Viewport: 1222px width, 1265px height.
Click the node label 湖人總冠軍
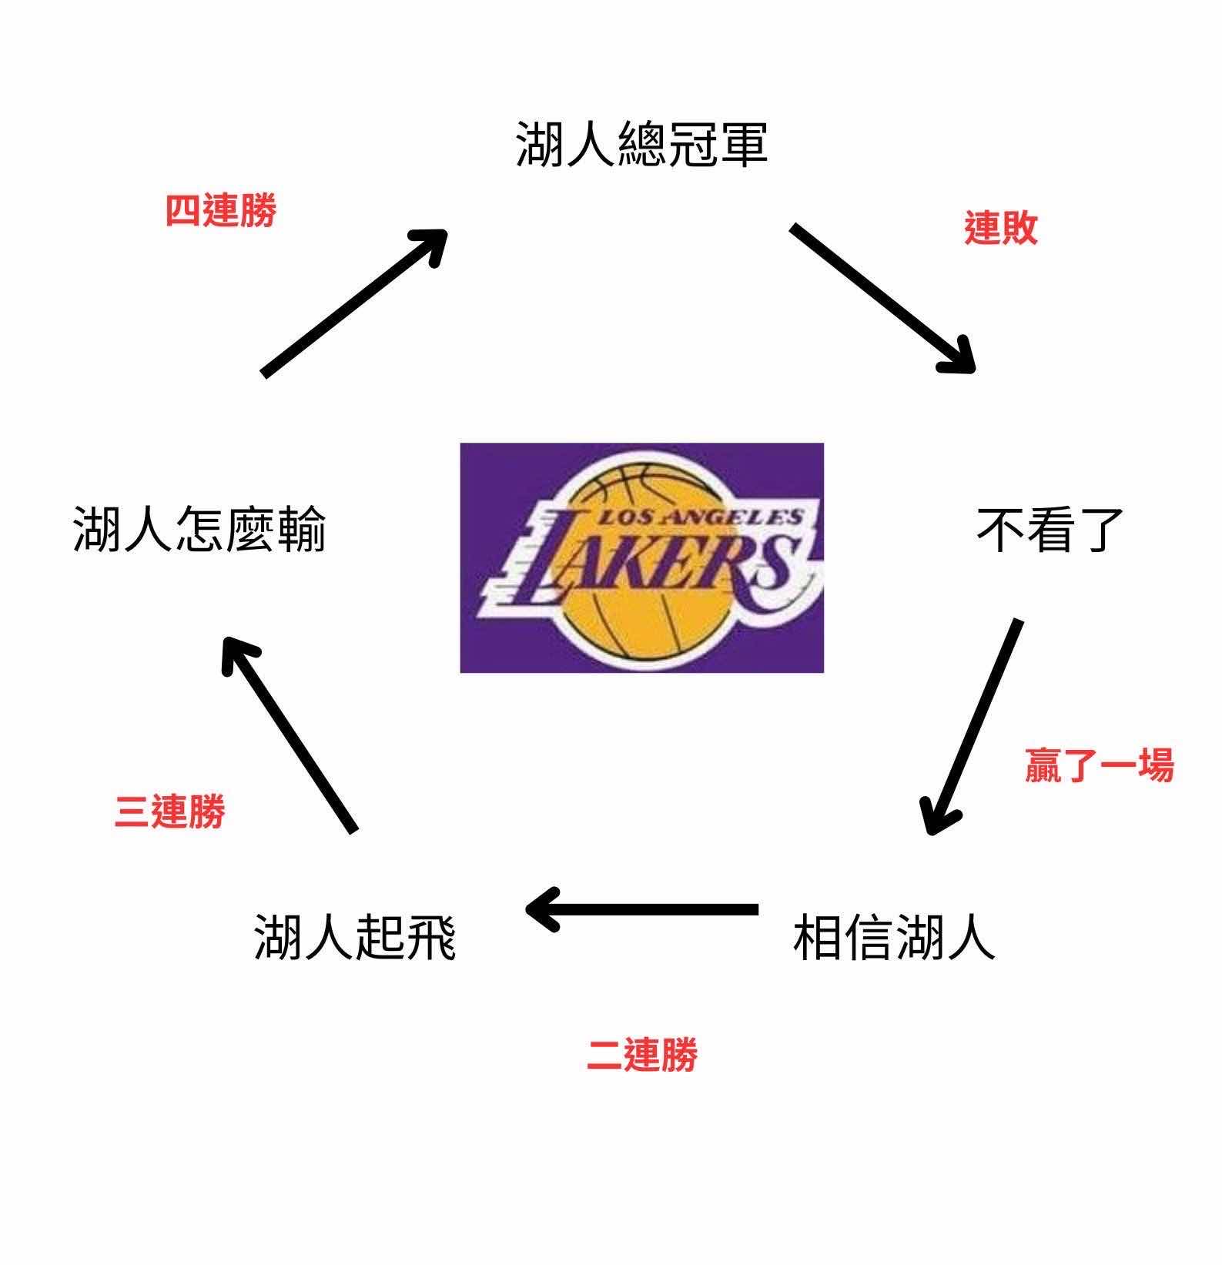point(641,145)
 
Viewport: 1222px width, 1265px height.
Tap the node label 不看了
point(1050,530)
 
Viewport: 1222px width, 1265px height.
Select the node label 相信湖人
point(894,937)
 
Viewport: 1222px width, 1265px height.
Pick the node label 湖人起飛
point(355,937)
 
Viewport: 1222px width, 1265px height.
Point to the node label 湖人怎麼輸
point(199,530)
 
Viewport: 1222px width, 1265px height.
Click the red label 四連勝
point(221,210)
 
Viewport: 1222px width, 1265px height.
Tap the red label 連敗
point(1001,228)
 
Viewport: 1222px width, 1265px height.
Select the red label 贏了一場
point(1099,765)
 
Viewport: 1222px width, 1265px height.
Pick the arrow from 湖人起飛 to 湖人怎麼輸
point(290,735)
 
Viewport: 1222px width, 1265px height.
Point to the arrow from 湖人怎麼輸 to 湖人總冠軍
point(354,302)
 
